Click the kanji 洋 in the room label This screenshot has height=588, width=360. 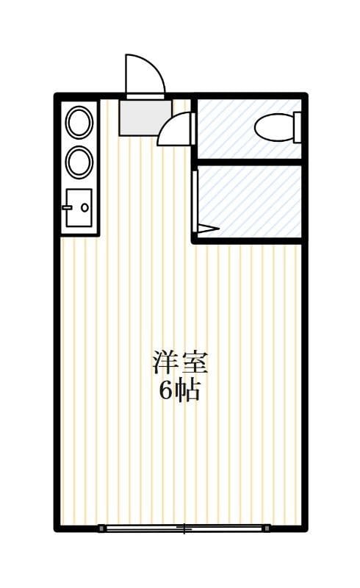click(x=166, y=364)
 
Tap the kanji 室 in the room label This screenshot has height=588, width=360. click(x=195, y=364)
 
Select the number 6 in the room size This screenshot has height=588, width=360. click(x=165, y=391)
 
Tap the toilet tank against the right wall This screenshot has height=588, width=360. click(x=298, y=126)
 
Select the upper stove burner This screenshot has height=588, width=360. click(x=79, y=123)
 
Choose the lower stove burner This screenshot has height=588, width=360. click(x=79, y=162)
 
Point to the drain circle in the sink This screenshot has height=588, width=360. click(x=84, y=207)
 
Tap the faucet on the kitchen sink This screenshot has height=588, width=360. click(x=68, y=207)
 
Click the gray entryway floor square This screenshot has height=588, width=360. click(x=145, y=117)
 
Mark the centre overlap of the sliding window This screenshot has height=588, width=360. click(x=184, y=528)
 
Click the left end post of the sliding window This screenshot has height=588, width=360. click(x=101, y=528)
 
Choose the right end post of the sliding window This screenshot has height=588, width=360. click(x=266, y=528)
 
